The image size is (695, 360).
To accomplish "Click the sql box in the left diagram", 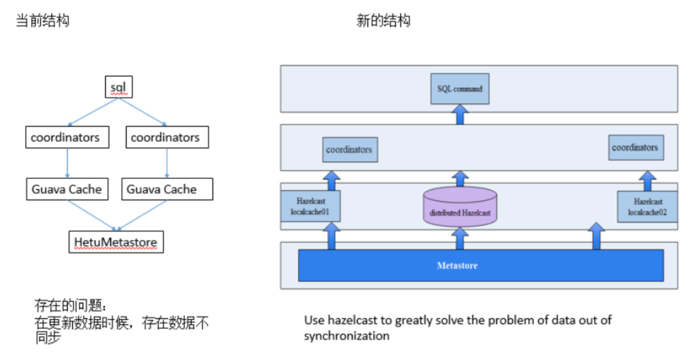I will (x=119, y=88).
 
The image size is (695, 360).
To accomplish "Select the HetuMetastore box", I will (x=116, y=242).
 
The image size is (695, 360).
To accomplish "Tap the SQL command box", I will (x=460, y=89).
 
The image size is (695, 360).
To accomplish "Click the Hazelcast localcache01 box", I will (x=310, y=207).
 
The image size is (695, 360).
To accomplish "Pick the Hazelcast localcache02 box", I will (x=648, y=207).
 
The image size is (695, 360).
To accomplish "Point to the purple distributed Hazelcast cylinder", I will (x=460, y=207).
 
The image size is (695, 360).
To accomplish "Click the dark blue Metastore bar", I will (x=481, y=265).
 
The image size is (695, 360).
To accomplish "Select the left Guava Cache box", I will (x=67, y=189).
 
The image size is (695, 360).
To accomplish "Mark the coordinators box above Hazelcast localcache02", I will (x=635, y=148).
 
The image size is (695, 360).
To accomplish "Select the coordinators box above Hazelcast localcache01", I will (x=349, y=150).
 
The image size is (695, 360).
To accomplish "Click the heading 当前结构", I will (x=43, y=21).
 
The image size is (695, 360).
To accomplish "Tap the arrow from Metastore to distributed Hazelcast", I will (x=460, y=238).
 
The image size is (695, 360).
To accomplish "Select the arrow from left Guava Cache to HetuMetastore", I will (x=92, y=214).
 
